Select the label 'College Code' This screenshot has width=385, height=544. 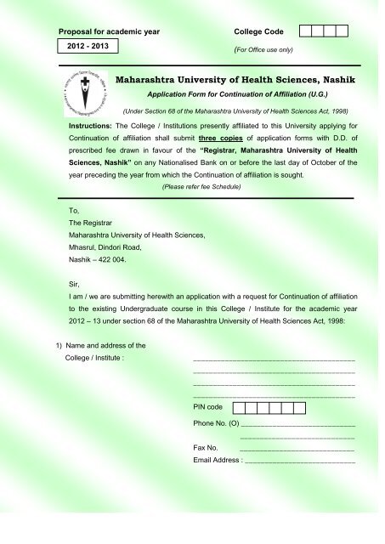coord(260,31)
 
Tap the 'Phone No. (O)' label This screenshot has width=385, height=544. coord(216,422)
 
